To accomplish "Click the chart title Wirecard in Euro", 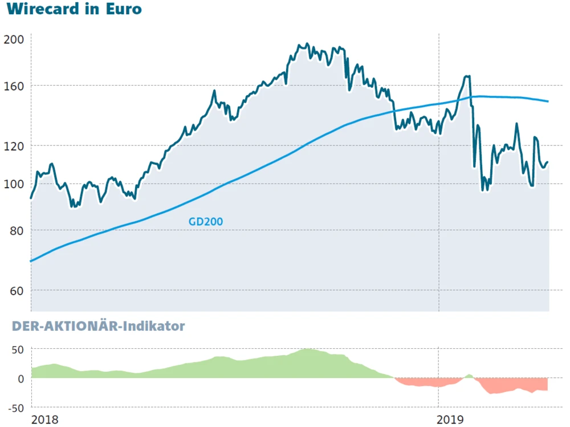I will (74, 10).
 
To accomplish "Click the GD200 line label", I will (205, 221).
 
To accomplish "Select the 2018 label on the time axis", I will (44, 420).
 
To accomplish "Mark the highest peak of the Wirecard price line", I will (307, 44).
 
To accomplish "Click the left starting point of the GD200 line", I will (31, 261).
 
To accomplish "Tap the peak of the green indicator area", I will (308, 349).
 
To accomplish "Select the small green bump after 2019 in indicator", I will (469, 376).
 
